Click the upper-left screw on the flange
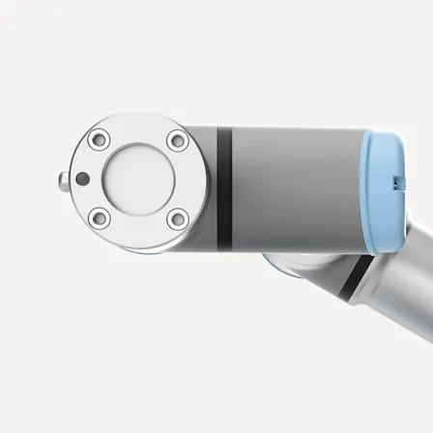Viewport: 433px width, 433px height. click(x=99, y=141)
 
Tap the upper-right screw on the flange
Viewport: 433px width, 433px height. click(x=177, y=141)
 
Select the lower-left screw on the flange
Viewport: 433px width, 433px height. click(x=99, y=219)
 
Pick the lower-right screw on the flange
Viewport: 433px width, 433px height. click(x=177, y=219)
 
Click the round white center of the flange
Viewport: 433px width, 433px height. click(x=138, y=180)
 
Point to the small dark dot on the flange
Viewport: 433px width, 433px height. click(x=83, y=179)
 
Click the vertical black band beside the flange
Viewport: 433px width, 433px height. click(x=224, y=184)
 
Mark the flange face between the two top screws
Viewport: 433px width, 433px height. click(x=138, y=128)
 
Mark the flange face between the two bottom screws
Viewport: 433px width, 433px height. click(x=138, y=233)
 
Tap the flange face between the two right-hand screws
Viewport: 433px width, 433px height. click(x=190, y=181)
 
